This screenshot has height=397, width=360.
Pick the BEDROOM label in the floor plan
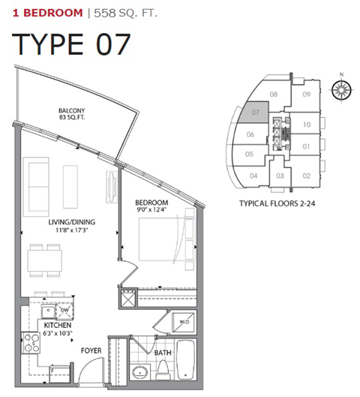click(151, 203)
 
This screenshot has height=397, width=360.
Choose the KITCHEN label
click(57, 326)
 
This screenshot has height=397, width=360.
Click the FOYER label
click(91, 350)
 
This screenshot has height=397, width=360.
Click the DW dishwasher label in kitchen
click(65, 308)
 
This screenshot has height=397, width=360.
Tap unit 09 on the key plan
click(306, 95)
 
